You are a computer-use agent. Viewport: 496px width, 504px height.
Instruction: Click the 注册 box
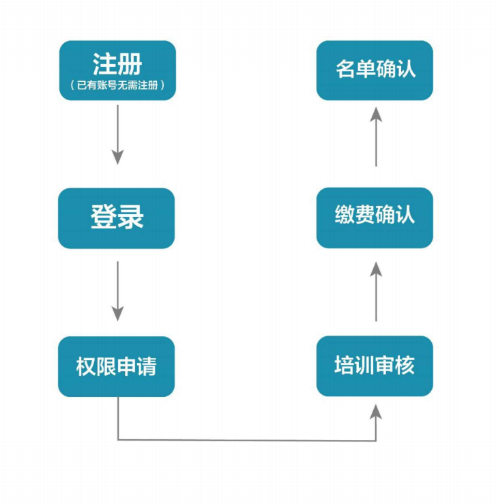(117, 70)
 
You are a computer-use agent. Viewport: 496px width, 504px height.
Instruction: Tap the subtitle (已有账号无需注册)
(117, 87)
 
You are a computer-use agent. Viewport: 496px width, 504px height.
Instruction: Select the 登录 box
(117, 218)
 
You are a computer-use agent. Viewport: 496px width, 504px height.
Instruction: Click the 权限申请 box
(117, 366)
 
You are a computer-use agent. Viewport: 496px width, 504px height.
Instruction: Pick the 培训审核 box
(375, 366)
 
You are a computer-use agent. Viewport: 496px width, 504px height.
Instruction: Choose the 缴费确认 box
(375, 218)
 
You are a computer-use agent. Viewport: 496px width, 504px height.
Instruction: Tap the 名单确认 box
(375, 70)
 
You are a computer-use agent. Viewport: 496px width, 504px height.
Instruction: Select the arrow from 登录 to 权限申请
(117, 290)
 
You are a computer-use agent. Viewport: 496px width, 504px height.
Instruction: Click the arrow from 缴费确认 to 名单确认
(376, 140)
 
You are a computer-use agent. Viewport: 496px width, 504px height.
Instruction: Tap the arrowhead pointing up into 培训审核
(376, 411)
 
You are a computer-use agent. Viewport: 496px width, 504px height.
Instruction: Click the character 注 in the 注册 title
(104, 65)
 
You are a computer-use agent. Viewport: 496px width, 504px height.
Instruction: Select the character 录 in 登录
(131, 218)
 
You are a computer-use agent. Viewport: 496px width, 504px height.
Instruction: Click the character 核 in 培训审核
(405, 366)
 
